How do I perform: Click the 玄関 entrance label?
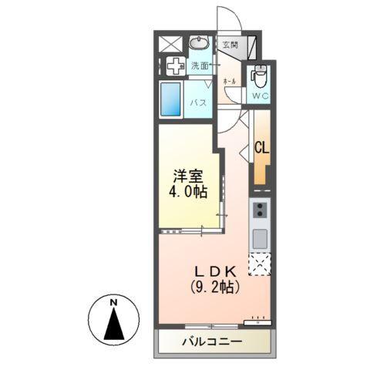[x=230, y=45]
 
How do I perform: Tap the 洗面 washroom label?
[x=200, y=66]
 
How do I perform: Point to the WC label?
[x=259, y=96]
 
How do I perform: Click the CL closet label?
[x=261, y=148]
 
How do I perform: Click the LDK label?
[x=216, y=271]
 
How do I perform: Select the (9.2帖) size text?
[x=216, y=289]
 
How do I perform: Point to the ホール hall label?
[x=229, y=80]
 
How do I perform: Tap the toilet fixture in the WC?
[x=259, y=76]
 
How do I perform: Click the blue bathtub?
[x=171, y=99]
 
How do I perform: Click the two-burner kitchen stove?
[x=261, y=210]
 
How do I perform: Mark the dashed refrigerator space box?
[x=261, y=264]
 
